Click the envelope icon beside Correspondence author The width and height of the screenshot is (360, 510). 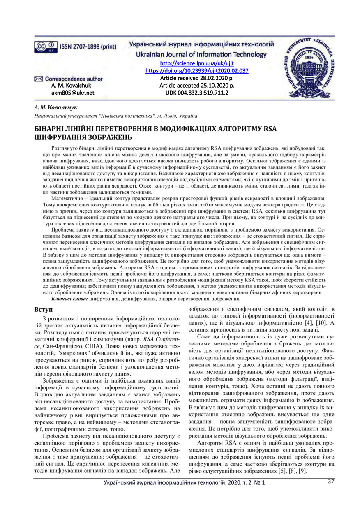(x=38, y=79)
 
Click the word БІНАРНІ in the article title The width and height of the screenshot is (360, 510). (x=53, y=128)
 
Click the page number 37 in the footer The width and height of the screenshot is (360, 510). (x=332, y=481)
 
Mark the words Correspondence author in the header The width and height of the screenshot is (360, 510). (x=74, y=79)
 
